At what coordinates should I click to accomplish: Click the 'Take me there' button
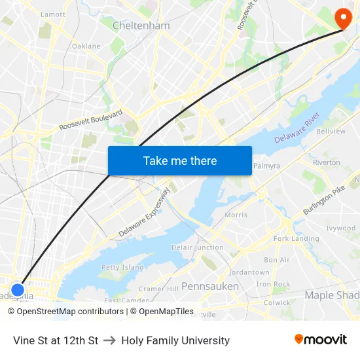[180, 160]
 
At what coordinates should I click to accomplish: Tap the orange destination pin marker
[342, 18]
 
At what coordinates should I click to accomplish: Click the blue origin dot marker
[18, 289]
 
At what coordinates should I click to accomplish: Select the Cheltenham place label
[141, 26]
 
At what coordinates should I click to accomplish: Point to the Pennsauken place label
[210, 286]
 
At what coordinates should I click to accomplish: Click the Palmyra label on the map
[266, 166]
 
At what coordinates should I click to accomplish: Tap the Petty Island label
[122, 267]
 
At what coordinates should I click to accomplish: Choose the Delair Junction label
[197, 247]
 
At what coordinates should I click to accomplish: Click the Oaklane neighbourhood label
[86, 46]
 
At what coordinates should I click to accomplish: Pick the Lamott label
[53, 14]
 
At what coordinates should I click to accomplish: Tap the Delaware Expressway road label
[144, 213]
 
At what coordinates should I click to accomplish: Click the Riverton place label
[326, 162]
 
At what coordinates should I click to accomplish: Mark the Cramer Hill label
[158, 289]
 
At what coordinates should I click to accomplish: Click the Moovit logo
[321, 339]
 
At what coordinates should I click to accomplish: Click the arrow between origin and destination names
[109, 340]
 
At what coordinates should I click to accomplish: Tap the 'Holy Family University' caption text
[175, 340]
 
